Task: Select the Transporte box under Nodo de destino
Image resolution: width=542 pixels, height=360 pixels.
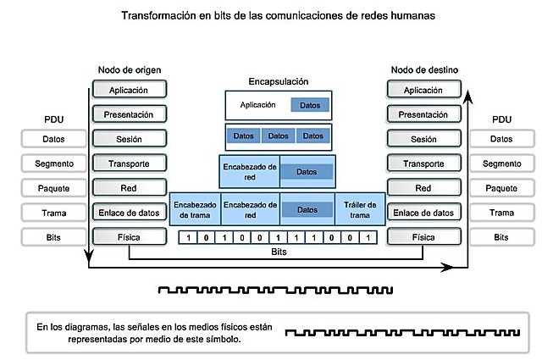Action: point(423,163)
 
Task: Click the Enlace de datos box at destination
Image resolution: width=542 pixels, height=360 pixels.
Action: point(423,213)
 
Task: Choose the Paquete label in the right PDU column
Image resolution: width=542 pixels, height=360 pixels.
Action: point(501,188)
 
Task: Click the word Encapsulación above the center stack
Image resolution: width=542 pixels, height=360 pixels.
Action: point(279,82)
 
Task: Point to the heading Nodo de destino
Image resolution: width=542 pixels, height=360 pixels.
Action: point(423,69)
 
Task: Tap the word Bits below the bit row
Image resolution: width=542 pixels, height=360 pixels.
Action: point(279,252)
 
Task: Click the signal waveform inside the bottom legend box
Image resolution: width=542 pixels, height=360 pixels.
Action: point(398,332)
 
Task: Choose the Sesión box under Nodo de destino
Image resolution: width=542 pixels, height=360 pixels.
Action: point(423,139)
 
